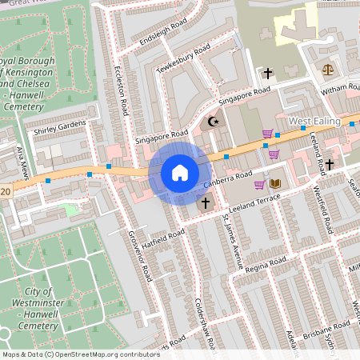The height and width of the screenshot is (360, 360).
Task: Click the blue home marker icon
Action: point(180,172)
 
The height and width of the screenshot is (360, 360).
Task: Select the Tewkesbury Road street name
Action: point(183,60)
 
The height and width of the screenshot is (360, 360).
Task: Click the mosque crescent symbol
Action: point(212,122)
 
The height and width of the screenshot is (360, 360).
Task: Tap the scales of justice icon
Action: point(327,70)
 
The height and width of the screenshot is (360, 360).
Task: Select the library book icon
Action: point(276,184)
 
